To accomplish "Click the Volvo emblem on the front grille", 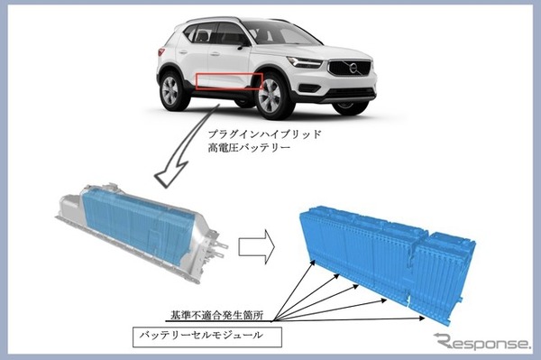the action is pos(353,68).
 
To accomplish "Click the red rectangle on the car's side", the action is pos(229,81).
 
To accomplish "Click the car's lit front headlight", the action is pos(305,62).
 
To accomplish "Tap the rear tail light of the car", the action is pos(161,52).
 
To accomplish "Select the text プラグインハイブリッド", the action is pos(264,134).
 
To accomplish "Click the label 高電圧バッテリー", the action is pos(249,148).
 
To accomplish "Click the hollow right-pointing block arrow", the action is pos(257,247).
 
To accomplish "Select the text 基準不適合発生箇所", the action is pos(217,315).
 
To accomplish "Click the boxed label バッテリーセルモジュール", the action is pos(207,337).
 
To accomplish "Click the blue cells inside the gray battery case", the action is pos(138,225).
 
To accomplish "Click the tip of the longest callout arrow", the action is pos(425,318).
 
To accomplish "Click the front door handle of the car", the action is pos(215,54).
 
